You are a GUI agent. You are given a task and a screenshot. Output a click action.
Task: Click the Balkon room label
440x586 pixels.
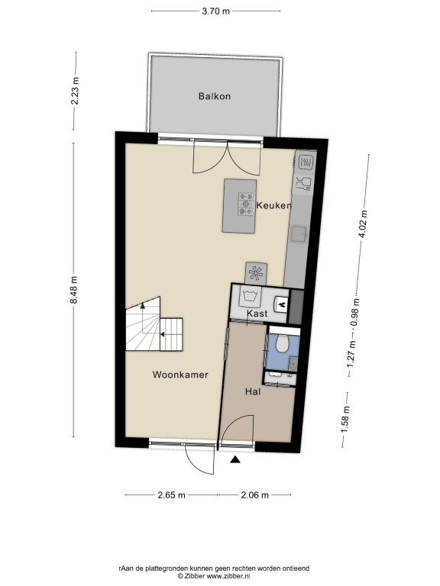click(215, 96)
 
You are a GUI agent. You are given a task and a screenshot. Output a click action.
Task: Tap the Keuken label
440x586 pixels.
click(274, 205)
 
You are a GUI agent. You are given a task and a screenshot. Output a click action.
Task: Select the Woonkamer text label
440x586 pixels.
click(180, 375)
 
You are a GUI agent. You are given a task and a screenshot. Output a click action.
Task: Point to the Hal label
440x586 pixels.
click(253, 391)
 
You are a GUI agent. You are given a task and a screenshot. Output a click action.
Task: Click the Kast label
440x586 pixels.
click(257, 313)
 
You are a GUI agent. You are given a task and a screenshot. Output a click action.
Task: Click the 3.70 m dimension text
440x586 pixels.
click(216, 11)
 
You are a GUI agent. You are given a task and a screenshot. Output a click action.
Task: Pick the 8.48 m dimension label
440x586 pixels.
click(73, 290)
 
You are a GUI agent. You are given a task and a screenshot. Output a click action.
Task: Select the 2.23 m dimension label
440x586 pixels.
click(75, 91)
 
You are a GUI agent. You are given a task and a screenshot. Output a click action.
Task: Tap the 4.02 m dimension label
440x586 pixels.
click(363, 224)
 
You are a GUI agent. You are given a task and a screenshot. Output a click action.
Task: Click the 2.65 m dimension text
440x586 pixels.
click(171, 495)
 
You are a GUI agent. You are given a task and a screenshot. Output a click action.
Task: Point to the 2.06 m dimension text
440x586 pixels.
click(255, 495)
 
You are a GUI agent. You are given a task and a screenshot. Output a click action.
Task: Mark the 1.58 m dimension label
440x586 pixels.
click(345, 420)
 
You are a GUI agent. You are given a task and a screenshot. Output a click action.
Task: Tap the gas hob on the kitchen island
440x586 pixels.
click(246, 204)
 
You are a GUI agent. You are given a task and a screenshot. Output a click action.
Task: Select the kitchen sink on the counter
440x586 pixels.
click(299, 234)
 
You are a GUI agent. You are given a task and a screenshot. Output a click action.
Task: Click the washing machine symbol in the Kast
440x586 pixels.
click(249, 297)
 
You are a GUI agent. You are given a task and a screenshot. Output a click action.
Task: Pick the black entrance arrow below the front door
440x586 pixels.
click(235, 459)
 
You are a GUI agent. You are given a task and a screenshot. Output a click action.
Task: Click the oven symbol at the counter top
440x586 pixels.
click(306, 162)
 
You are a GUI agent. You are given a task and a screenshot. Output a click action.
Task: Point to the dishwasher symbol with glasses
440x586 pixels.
click(304, 184)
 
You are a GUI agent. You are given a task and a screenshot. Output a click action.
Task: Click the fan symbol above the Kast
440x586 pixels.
click(256, 273)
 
